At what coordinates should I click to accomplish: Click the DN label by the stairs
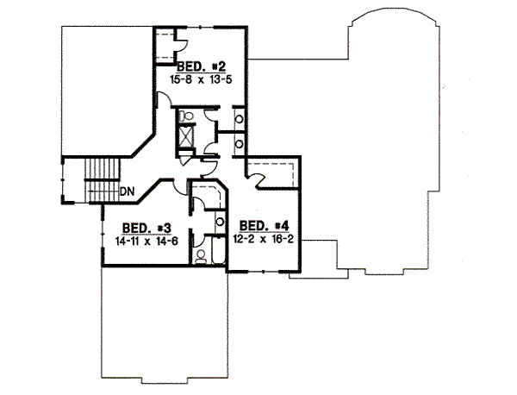(x=127, y=191)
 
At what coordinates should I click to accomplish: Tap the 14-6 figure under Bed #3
(x=159, y=241)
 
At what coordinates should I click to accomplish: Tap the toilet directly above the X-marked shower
(x=185, y=116)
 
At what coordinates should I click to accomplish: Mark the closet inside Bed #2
(x=170, y=45)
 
